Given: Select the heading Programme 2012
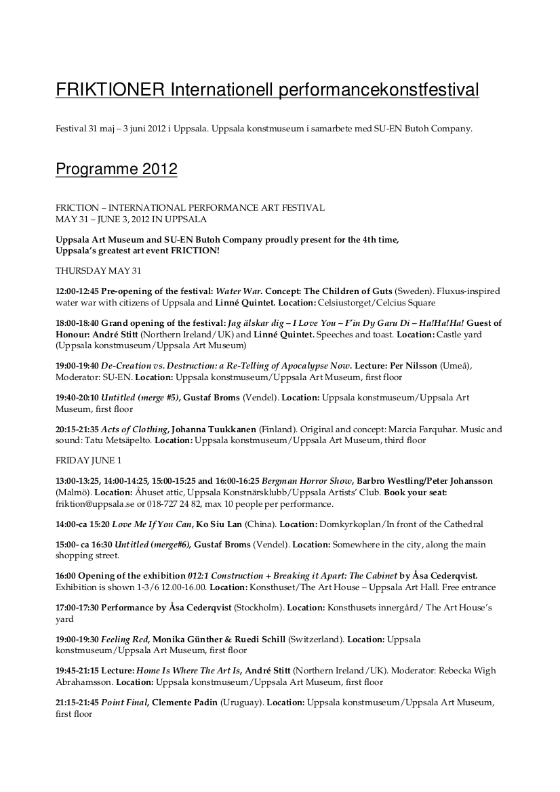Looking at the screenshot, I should (x=116, y=169).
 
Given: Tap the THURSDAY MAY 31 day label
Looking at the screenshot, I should (x=98, y=271).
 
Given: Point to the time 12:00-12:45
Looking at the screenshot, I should (x=77, y=291).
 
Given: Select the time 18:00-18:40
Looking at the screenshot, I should (x=77, y=323).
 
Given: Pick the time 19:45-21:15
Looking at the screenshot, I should (x=77, y=671).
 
